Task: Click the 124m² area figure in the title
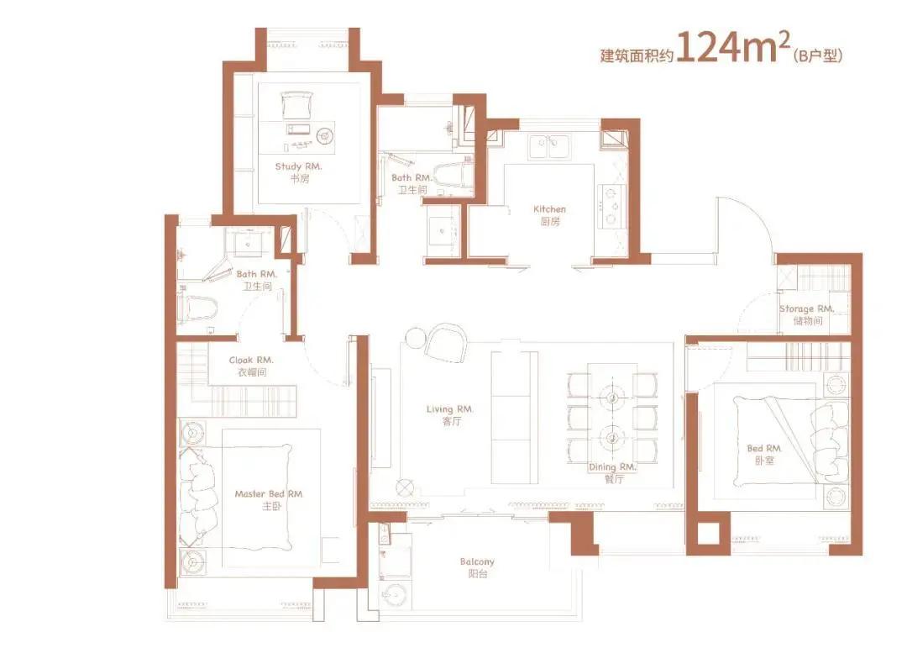click(733, 46)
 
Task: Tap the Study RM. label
click(298, 166)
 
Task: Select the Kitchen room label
click(549, 209)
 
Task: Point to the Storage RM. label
click(806, 308)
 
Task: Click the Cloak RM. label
click(251, 361)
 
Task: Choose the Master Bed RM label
click(269, 494)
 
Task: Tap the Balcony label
click(477, 561)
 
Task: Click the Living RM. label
click(450, 409)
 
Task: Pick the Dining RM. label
click(612, 466)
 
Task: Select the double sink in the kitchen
click(548, 146)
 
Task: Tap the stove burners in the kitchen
click(611, 206)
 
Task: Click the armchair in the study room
click(297, 105)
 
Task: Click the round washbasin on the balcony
click(396, 594)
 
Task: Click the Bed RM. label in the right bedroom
click(764, 448)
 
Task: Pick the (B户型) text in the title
click(818, 55)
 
